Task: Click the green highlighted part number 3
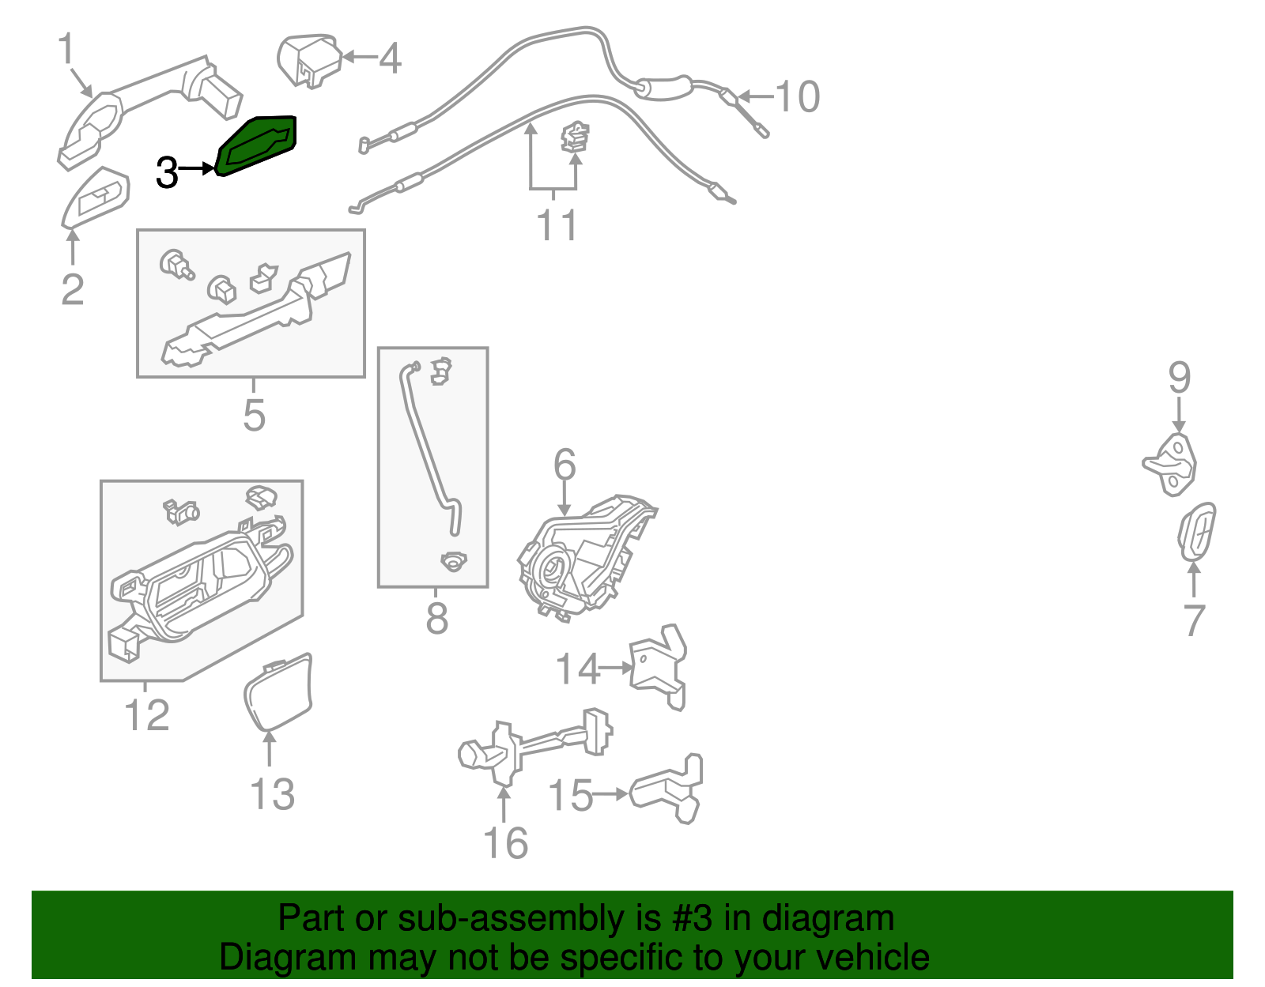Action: click(x=258, y=145)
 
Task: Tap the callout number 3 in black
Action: click(x=167, y=172)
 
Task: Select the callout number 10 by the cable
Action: click(x=797, y=97)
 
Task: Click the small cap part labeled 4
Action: click(x=310, y=60)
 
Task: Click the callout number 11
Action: click(x=557, y=224)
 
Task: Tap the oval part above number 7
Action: click(x=1197, y=531)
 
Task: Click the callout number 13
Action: click(x=272, y=794)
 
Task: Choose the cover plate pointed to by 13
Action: click(x=278, y=691)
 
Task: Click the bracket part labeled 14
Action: click(x=659, y=666)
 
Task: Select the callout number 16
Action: click(x=505, y=843)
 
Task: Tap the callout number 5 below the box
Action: click(x=254, y=415)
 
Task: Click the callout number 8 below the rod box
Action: click(x=436, y=619)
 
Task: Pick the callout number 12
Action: click(x=147, y=715)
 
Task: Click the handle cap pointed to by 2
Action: click(x=97, y=196)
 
